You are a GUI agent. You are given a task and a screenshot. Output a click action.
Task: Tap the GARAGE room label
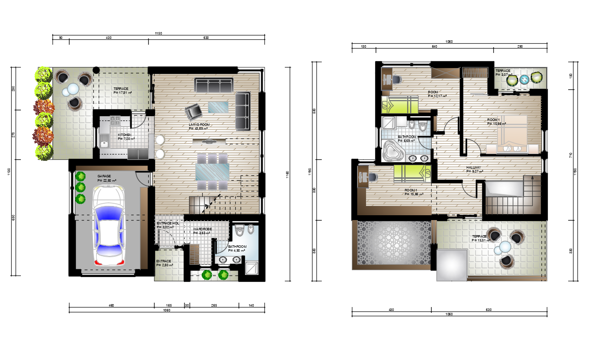104,176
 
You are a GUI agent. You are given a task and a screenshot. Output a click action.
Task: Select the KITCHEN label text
124,135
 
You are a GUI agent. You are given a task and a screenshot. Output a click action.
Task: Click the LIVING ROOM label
199,125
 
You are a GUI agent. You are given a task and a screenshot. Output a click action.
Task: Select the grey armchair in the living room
193,112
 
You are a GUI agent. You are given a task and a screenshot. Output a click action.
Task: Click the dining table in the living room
212,172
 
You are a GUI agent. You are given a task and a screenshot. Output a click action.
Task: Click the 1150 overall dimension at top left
158,33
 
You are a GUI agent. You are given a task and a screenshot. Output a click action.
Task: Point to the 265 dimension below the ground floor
214,306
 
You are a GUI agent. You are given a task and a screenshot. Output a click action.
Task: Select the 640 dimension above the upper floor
434,46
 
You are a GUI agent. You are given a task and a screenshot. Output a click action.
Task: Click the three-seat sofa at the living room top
215,86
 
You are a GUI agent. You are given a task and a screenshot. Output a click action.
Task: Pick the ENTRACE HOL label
167,223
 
